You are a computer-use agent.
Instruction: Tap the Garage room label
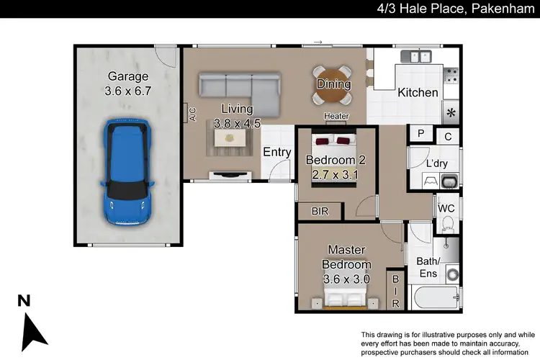128,76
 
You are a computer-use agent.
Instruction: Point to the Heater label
336,116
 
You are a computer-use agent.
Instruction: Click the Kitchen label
418,93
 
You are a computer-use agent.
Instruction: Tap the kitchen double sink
417,55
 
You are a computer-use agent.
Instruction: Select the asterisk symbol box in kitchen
451,113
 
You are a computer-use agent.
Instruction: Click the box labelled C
447,135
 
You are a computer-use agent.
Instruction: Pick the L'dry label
437,164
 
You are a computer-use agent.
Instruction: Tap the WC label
446,208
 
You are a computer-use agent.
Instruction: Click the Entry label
276,152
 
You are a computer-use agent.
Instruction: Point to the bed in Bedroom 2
336,155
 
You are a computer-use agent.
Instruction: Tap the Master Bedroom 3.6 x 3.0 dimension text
346,279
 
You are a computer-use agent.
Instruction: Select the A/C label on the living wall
192,114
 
